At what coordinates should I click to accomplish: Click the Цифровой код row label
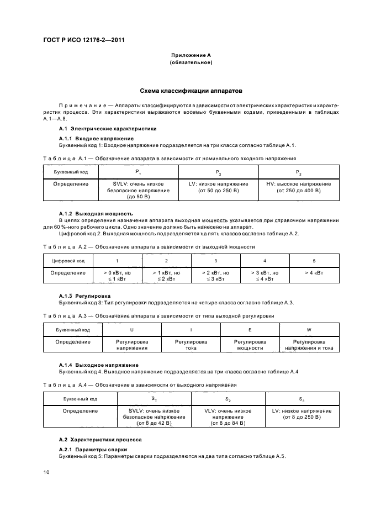click(68, 260)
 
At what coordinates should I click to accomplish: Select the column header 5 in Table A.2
click(314, 260)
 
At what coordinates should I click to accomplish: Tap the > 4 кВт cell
click(314, 273)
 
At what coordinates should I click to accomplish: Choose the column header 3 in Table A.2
click(215, 260)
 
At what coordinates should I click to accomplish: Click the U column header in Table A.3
click(131, 330)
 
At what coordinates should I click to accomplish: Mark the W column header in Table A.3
click(309, 330)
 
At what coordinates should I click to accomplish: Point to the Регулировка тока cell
click(191, 345)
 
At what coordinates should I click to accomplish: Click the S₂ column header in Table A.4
click(228, 398)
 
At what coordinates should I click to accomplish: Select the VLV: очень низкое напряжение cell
click(228, 417)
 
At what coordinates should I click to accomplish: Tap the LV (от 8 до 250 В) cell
click(302, 414)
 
